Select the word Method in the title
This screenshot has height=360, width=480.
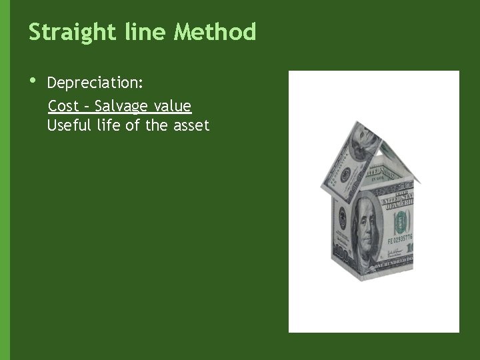point(215,32)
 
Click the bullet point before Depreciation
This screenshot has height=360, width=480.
point(33,81)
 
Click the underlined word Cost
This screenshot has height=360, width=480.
point(63,106)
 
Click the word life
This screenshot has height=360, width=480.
point(109,125)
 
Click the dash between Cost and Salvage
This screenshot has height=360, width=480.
point(87,107)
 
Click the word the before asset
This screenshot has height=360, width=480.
point(158,125)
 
